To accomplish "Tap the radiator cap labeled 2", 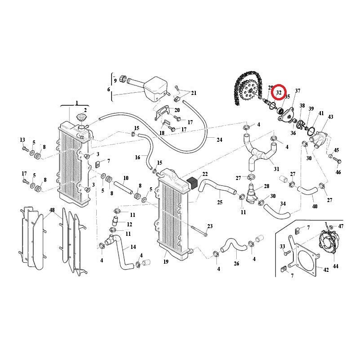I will tap(82, 118).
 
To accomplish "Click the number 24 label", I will tap(219, 140).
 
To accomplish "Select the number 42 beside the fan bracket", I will tap(326, 270).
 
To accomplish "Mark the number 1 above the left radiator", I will tap(76, 103).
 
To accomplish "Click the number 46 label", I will tap(338, 172).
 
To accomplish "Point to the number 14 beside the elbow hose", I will tap(133, 247).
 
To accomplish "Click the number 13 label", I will tap(22, 140).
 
